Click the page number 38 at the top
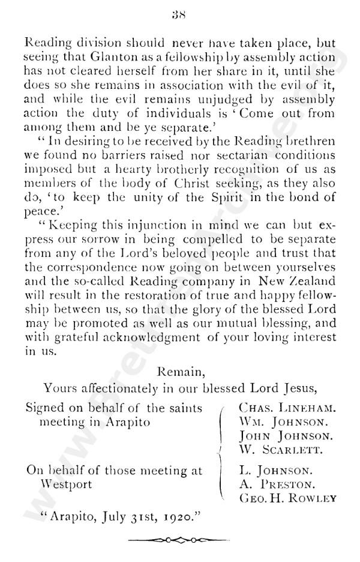[x=179, y=16]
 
